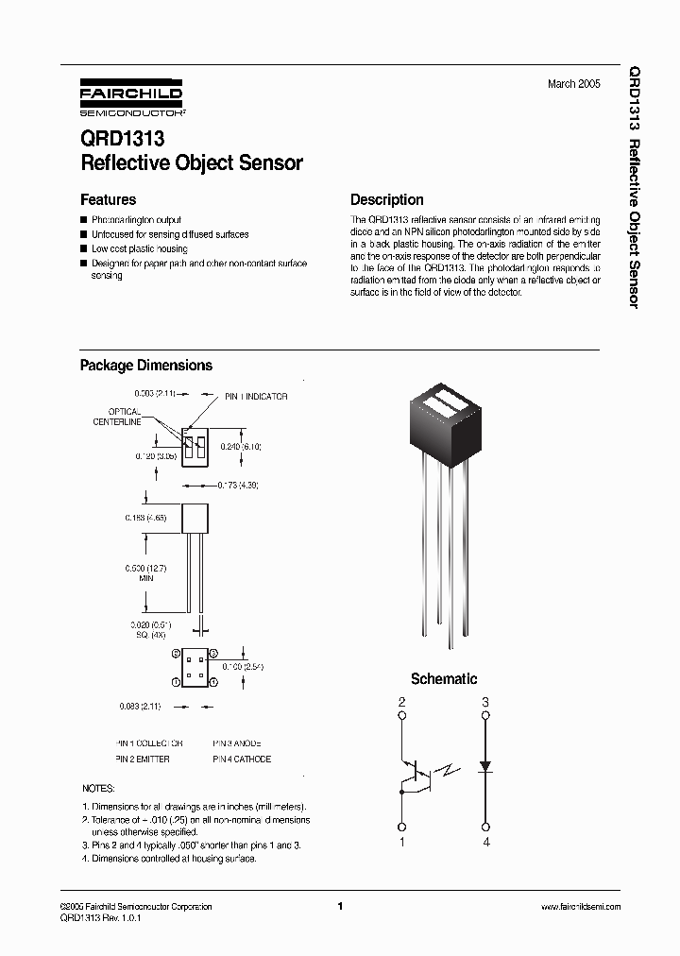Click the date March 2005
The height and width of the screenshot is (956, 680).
573,84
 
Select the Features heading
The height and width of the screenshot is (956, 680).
108,199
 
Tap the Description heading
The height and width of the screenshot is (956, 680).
386,199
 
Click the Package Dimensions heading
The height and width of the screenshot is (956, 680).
145,366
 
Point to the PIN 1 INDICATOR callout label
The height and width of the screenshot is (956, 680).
256,397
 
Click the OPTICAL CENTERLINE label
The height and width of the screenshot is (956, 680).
118,417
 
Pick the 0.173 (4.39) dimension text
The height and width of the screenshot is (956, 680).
238,485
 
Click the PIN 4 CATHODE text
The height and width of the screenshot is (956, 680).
241,759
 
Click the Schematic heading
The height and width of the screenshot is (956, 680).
444,679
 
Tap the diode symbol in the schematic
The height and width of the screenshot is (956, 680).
485,766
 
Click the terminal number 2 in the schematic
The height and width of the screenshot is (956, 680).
402,703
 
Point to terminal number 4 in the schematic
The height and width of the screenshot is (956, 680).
485,842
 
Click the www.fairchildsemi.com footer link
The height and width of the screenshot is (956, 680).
580,906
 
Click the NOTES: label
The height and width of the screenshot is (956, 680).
98,788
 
